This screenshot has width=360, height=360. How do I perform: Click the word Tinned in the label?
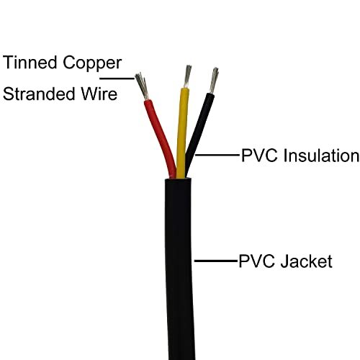(32, 62)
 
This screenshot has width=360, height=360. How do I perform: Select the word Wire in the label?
(102, 94)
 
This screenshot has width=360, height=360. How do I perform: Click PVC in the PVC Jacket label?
(254, 261)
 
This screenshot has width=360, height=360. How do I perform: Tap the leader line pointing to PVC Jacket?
(216, 261)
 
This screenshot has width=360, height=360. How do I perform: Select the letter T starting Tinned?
(9, 62)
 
